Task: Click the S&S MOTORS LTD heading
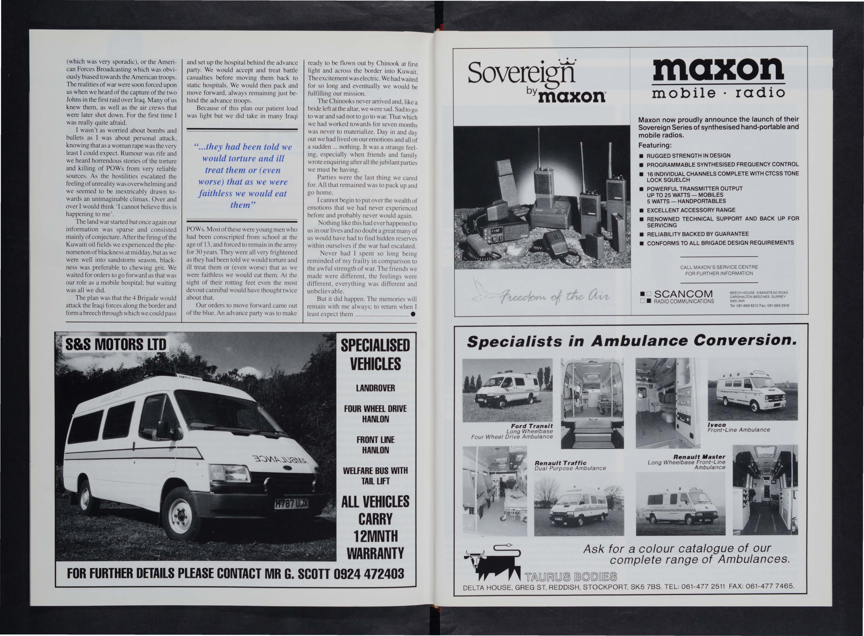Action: tap(115, 344)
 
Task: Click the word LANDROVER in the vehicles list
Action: tap(375, 388)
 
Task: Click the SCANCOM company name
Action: tap(683, 295)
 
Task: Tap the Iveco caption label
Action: tap(717, 425)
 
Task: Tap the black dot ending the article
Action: tap(413, 314)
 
